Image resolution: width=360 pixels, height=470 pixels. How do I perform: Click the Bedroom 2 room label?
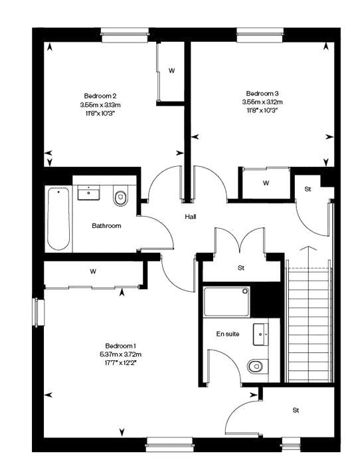click(x=100, y=96)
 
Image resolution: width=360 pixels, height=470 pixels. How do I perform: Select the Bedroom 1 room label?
click(x=121, y=346)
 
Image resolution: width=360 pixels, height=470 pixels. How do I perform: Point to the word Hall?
click(x=191, y=217)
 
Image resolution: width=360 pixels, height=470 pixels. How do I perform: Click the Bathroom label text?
click(x=106, y=226)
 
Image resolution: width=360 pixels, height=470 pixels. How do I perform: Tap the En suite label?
click(x=228, y=334)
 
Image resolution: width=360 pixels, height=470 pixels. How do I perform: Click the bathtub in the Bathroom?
click(x=58, y=219)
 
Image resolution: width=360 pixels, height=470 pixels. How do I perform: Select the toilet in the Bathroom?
click(x=120, y=196)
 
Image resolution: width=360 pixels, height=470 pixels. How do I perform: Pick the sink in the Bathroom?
click(x=88, y=192)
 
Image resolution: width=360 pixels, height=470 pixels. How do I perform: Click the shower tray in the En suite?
click(x=226, y=302)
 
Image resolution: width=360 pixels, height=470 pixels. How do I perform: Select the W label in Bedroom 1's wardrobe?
click(x=93, y=272)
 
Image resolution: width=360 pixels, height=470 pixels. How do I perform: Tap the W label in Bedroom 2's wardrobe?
click(x=171, y=70)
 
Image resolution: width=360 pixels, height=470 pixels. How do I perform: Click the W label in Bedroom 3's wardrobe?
click(x=266, y=183)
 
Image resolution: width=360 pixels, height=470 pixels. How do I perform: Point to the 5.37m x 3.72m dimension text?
click(x=121, y=354)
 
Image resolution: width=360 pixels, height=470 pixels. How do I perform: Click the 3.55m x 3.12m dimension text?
click(x=262, y=102)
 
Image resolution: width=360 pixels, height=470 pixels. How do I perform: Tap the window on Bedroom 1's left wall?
click(x=39, y=312)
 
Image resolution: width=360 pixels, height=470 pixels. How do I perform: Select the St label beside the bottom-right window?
click(x=296, y=410)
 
